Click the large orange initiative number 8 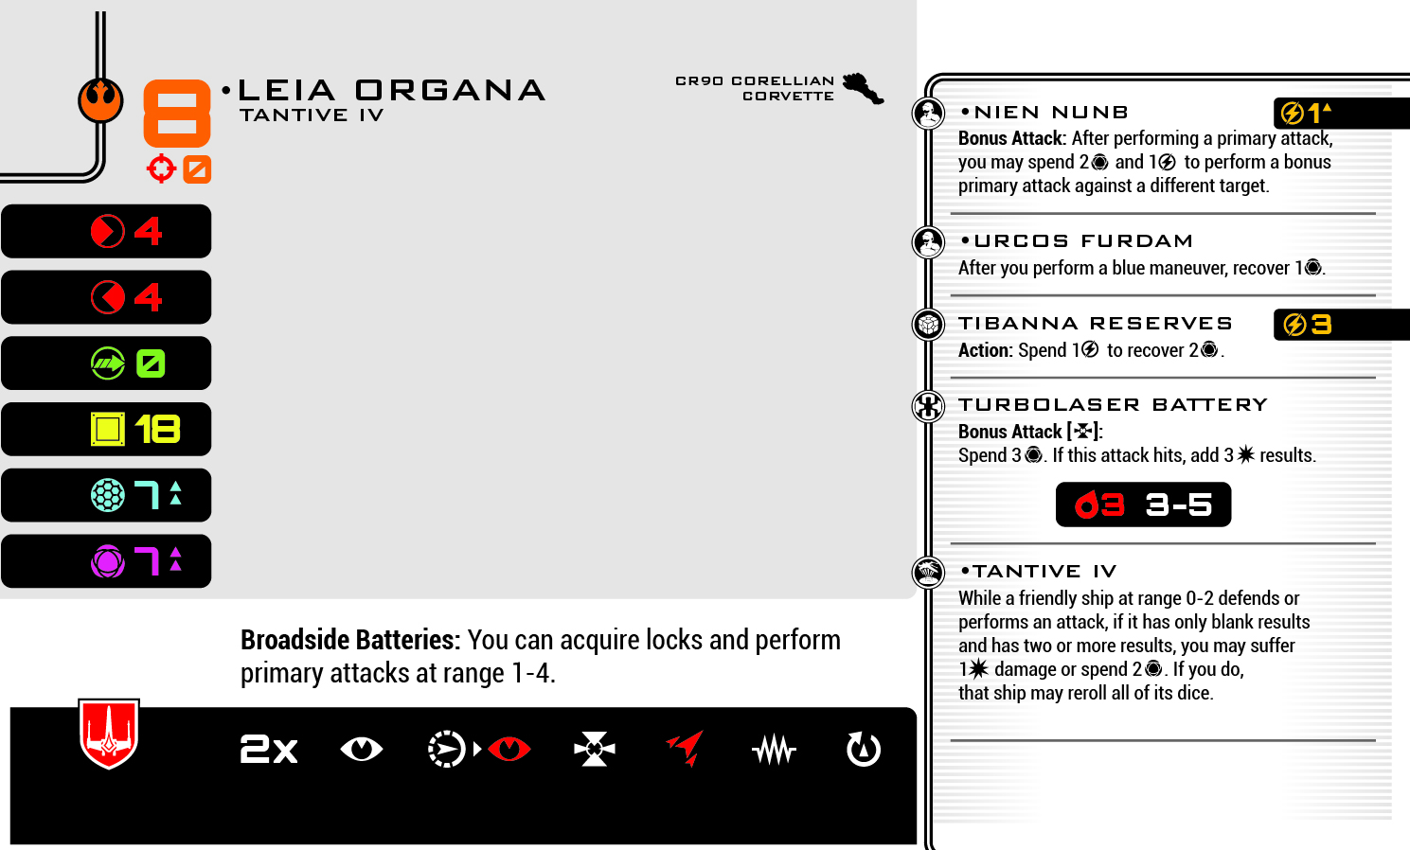pos(176,113)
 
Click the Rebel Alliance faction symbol pos(100,99)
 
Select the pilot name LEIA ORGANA pos(391,90)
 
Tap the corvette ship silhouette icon pos(863,88)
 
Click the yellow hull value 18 pos(157,430)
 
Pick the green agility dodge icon pos(108,363)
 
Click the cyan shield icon pos(108,495)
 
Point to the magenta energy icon pos(108,561)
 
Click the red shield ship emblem pos(109,734)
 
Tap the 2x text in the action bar pos(269,750)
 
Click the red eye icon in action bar pos(509,750)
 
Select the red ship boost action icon pos(686,748)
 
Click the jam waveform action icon pos(775,751)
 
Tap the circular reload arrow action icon pos(863,750)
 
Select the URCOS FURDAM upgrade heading pos(1083,241)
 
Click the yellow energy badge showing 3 pos(1308,325)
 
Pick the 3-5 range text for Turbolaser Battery pos(1179,505)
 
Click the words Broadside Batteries pos(349,641)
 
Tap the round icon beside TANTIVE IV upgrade pos(928,572)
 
